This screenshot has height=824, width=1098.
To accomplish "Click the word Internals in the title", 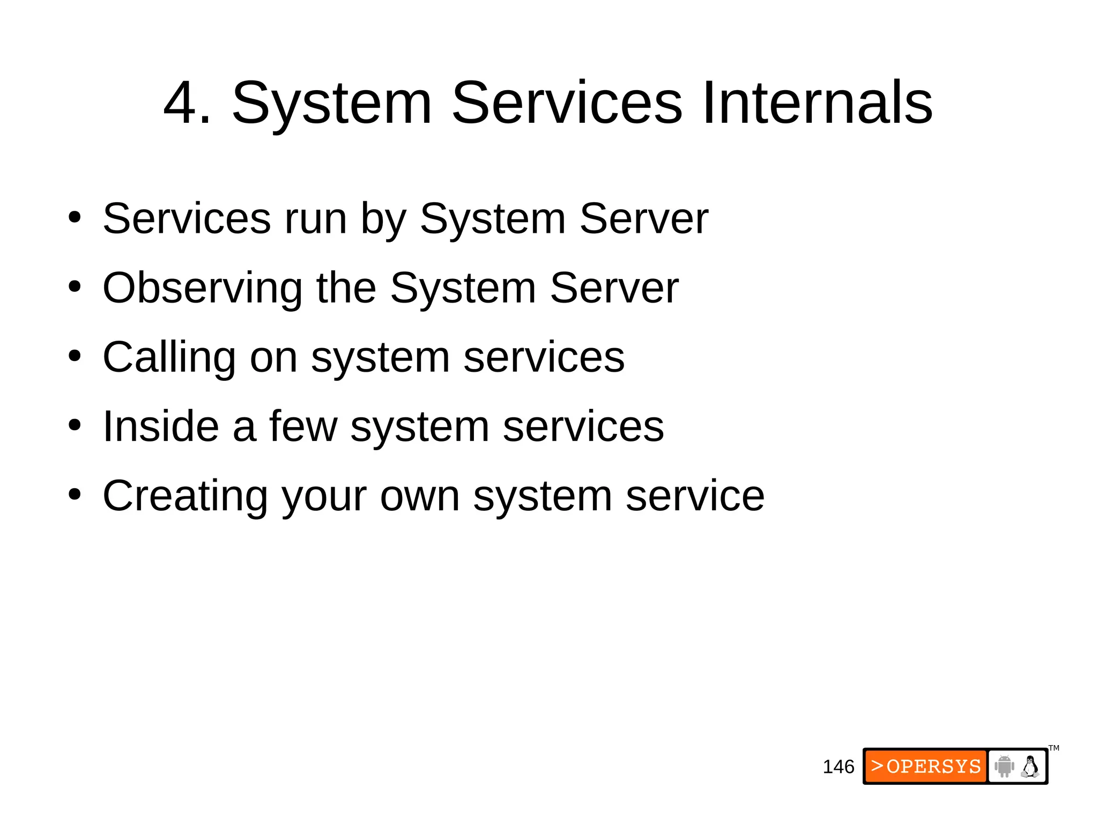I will pos(817,103).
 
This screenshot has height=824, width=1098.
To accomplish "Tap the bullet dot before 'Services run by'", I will pos(75,217).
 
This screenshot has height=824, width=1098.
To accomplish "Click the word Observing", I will pos(202,289).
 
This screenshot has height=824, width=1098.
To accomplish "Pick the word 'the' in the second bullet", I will pos(346,288).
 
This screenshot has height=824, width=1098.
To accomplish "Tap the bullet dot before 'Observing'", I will pos(75,286).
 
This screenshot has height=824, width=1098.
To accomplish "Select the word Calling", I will pos(169,358).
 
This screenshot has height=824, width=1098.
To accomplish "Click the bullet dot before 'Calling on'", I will pos(75,356).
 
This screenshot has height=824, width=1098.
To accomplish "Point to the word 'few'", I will pos(303,426).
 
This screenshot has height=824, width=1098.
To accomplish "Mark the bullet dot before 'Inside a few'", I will pos(75,425).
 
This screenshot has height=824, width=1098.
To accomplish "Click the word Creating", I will pos(185,496).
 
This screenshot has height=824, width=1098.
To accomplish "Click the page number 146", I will pos(838,767).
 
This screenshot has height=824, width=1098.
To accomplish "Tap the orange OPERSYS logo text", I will pos(926,766).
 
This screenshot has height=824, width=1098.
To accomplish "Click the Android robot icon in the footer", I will pos(1004,766).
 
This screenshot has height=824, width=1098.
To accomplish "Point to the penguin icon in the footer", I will pos(1030,766).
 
